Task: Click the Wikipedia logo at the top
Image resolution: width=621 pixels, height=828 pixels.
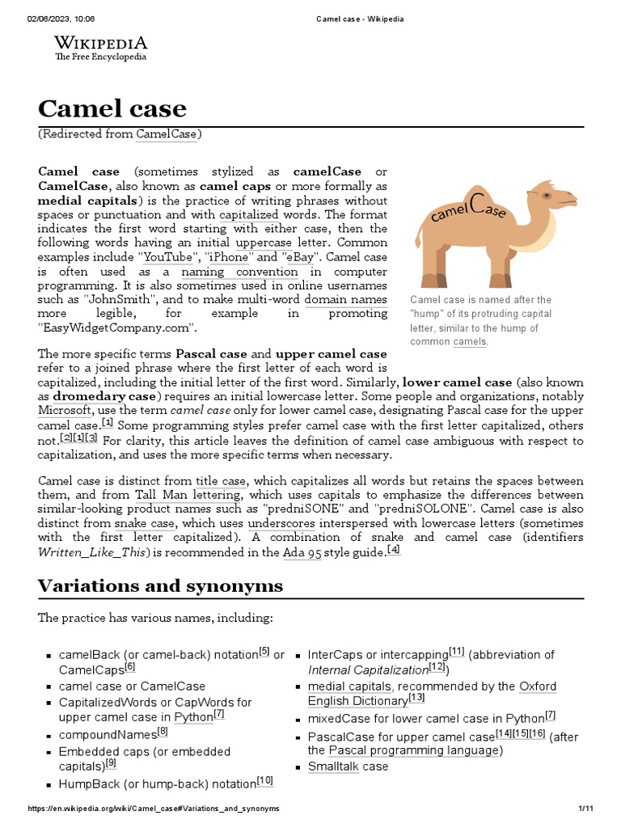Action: tap(100, 48)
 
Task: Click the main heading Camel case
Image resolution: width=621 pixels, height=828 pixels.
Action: tap(112, 108)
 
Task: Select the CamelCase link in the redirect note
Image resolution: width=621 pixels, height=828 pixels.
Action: tap(166, 134)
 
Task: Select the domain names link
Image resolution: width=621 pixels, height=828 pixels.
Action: tap(345, 299)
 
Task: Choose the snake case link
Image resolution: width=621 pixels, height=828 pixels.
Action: tap(145, 523)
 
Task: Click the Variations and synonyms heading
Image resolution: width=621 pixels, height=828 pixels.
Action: tap(160, 586)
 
